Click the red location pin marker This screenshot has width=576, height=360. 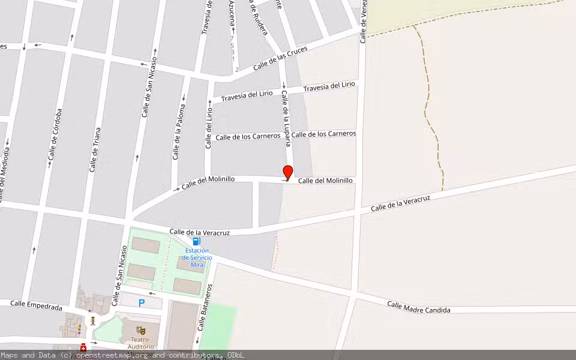tap(288, 172)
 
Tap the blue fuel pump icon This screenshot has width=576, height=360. tap(196, 241)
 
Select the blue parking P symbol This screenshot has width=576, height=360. tap(142, 303)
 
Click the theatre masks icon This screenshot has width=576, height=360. tap(140, 331)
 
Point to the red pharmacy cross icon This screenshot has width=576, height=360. tap(83, 348)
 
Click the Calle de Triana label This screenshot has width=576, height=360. tap(94, 150)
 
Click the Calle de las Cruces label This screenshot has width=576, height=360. tap(280, 58)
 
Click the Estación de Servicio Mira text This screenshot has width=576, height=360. tap(197, 257)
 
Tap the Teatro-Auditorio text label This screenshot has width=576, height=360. tap(140, 343)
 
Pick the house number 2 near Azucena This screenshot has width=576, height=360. tap(237, 70)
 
